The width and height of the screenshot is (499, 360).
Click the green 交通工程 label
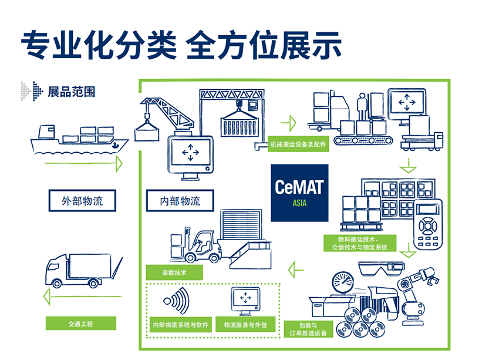[x=81, y=324]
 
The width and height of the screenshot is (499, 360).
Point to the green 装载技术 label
[x=174, y=272]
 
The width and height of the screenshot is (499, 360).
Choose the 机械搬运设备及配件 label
[x=298, y=144]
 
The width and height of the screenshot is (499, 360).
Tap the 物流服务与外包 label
[x=245, y=324]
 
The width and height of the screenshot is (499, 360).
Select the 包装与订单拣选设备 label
[x=308, y=329]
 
